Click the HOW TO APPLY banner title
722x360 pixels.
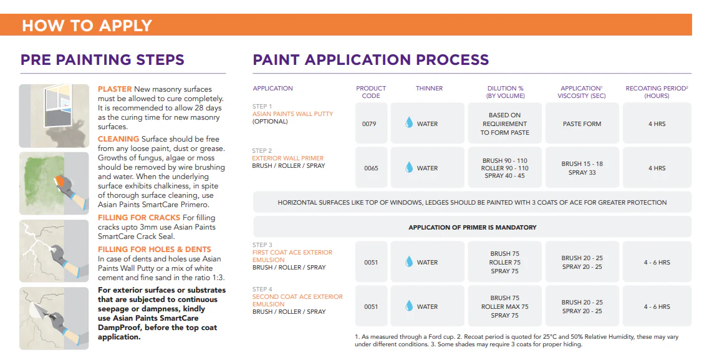87,26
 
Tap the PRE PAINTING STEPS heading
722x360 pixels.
102,60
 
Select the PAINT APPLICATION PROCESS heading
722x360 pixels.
370,60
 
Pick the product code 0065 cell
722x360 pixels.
371,168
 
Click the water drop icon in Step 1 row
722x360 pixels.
410,124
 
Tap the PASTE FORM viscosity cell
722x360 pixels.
582,124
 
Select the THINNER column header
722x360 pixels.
429,89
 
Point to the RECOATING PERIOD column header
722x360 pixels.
657,92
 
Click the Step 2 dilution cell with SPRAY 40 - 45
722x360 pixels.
504,168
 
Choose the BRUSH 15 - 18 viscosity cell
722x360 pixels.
582,168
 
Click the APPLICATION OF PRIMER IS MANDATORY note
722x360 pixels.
472,227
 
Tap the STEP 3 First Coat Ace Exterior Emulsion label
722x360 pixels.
292,256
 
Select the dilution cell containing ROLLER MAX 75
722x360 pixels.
504,306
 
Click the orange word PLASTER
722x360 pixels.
115,89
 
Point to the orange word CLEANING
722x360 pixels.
118,139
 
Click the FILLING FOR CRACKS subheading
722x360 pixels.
139,218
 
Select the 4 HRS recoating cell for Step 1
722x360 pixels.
657,124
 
